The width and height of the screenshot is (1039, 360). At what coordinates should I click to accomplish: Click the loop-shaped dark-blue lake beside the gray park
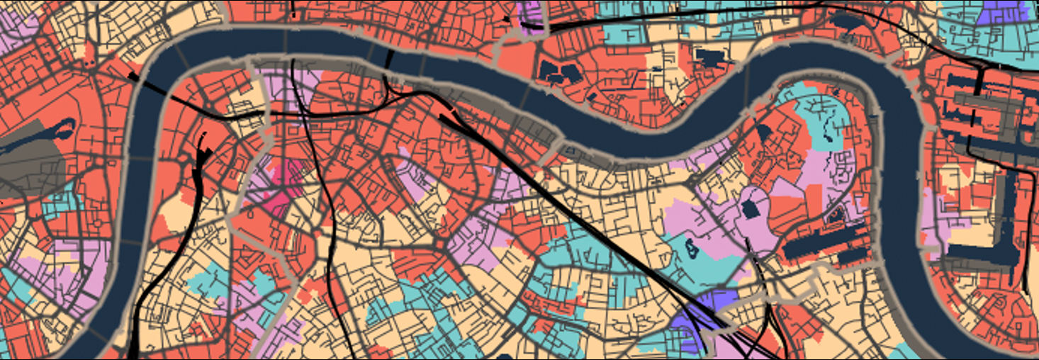[62, 129]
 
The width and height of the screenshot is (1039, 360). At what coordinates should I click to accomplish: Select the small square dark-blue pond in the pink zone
[750, 209]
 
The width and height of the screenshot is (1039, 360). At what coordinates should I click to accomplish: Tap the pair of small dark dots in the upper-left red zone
[89, 63]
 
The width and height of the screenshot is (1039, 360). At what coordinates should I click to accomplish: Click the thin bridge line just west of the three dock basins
[528, 91]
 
